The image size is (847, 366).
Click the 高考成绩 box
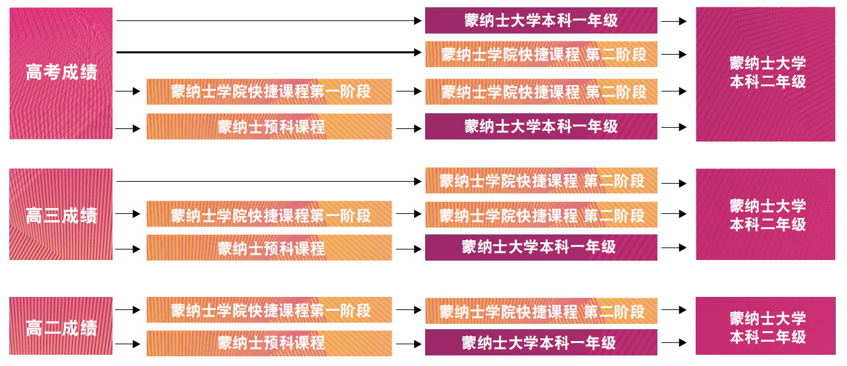point(61,73)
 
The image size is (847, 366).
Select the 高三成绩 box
point(61,214)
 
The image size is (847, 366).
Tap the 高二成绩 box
point(61,327)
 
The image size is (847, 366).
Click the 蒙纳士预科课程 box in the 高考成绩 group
point(269,126)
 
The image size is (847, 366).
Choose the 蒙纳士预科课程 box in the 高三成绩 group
point(269,248)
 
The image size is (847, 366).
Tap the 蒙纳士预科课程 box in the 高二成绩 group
point(269,343)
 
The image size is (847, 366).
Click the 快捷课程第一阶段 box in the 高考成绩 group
point(269,91)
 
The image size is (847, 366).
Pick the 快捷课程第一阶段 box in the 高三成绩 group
point(269,215)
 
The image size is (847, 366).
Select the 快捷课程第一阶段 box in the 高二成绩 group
point(269,310)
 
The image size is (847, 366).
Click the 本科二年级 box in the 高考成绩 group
point(767,73)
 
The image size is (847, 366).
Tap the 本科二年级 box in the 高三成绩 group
point(767,215)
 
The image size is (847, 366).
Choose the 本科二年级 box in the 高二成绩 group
point(767,327)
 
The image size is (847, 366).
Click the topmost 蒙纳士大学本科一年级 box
point(541,20)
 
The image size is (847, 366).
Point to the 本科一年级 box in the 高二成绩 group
point(541,343)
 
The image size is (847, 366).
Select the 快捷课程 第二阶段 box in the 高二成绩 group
point(541,310)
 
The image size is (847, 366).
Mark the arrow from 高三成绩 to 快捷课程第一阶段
point(128,215)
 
